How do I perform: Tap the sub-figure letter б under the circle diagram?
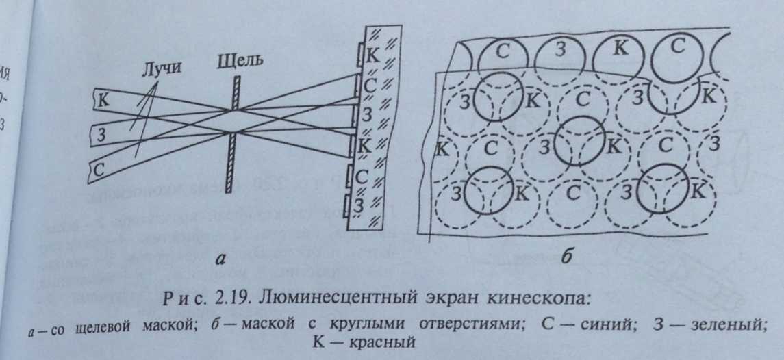click(566, 258)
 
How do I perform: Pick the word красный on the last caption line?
click(383, 342)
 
